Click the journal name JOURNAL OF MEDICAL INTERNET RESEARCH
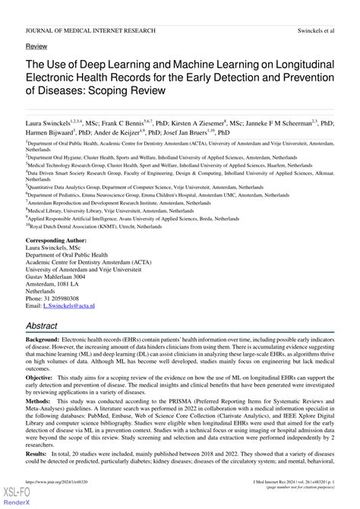coord(90,30)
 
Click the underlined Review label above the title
coord(36,46)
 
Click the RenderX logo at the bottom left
coord(15,501)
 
